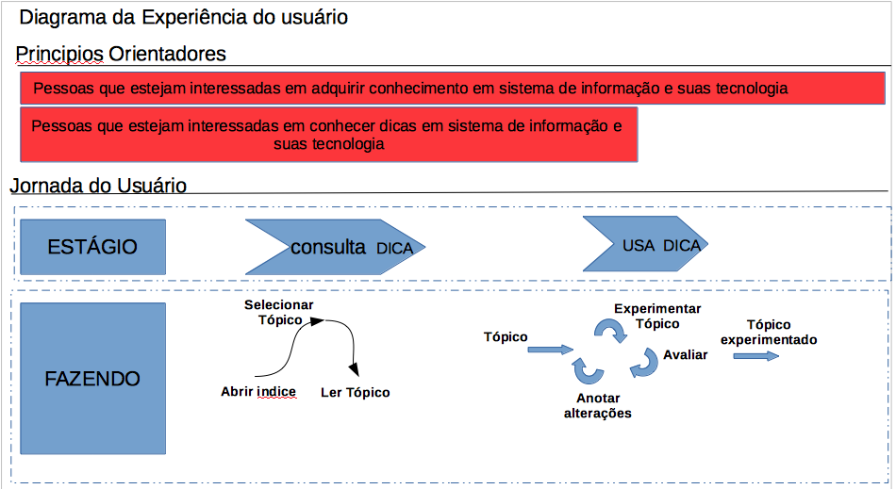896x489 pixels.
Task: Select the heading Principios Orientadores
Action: click(122, 54)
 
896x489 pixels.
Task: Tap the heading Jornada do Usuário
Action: click(99, 186)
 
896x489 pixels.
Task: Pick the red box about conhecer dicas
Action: click(328, 135)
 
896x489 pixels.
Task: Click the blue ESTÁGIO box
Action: click(92, 247)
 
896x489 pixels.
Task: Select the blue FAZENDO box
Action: click(92, 379)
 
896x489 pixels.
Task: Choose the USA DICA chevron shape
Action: click(645, 245)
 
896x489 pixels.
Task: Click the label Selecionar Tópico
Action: click(279, 312)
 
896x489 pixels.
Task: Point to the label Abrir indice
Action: click(258, 392)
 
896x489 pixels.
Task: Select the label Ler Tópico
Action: click(355, 392)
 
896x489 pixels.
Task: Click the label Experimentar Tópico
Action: click(657, 316)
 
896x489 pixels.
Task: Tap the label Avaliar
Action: click(686, 355)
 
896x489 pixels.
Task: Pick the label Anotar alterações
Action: click(598, 405)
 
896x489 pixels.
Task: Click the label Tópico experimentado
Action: click(769, 332)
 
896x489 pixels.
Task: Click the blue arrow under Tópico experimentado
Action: click(756, 356)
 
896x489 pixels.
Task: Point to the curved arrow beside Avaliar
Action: click(645, 363)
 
